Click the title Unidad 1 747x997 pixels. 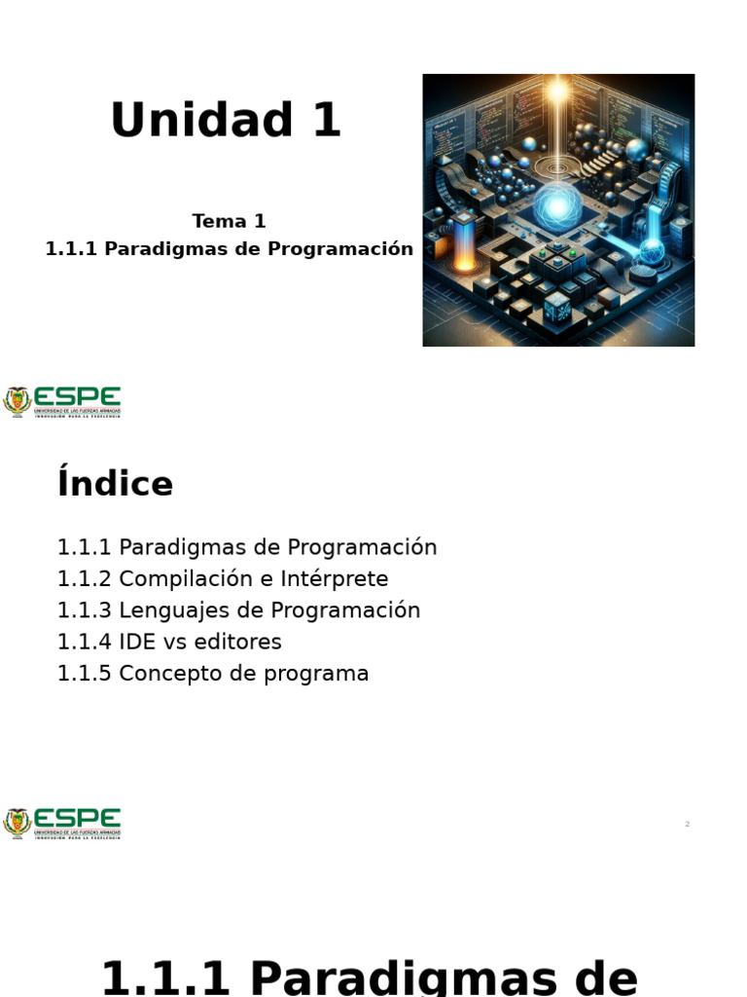click(226, 122)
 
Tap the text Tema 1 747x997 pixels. click(229, 221)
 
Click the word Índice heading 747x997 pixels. click(115, 484)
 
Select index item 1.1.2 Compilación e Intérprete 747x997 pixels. click(223, 578)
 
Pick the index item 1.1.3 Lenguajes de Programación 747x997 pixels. click(238, 610)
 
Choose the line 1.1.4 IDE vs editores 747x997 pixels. click(169, 642)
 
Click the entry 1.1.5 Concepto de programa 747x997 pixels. click(213, 673)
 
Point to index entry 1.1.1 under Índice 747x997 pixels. click(247, 547)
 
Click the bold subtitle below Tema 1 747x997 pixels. click(229, 248)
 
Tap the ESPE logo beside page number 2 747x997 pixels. click(62, 823)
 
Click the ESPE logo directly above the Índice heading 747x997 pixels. click(62, 401)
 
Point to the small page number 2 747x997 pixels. click(687, 824)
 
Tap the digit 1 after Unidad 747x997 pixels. click(325, 122)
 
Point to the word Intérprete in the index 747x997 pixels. click(335, 578)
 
